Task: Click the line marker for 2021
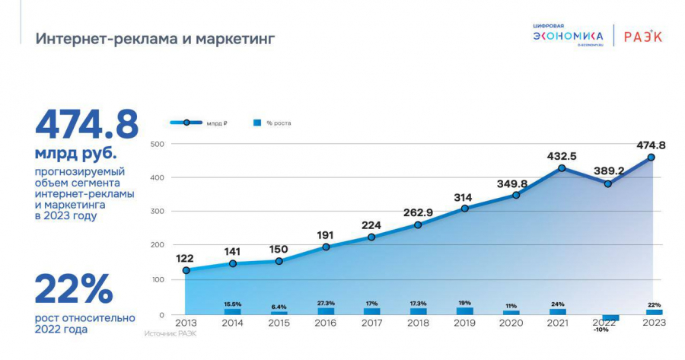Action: point(562,168)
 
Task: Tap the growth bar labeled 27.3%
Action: point(326,311)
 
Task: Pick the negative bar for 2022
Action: point(610,317)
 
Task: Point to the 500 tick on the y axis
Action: point(158,144)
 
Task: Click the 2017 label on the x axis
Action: point(371,323)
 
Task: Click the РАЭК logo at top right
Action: point(642,37)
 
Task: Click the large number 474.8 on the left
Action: point(86,126)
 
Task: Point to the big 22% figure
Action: point(74,288)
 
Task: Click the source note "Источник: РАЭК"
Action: point(170,333)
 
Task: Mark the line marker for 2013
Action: point(186,270)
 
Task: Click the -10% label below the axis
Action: point(601,330)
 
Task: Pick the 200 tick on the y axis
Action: point(158,245)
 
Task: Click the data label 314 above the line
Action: point(464,197)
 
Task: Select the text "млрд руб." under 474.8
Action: point(75,153)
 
